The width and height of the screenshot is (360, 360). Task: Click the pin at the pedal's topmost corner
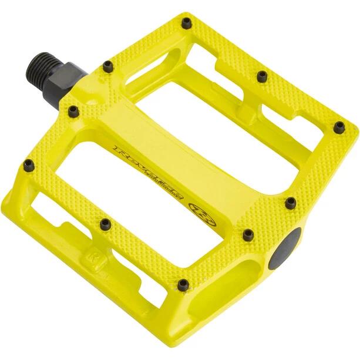186,23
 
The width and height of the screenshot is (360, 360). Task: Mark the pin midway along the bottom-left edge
105,223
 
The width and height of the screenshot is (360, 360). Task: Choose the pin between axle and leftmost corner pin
73,109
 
